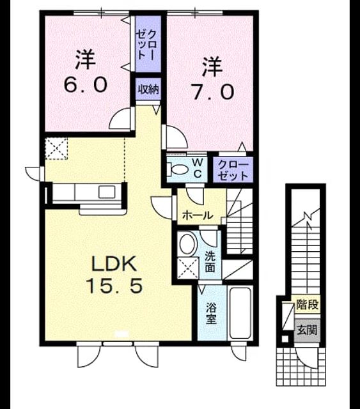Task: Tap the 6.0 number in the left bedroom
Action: pyautogui.click(x=86, y=84)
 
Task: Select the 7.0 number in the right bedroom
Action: pyautogui.click(x=212, y=92)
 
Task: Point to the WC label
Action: pyautogui.click(x=198, y=169)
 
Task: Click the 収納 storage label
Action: pyautogui.click(x=148, y=89)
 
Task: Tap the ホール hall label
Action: pyautogui.click(x=198, y=215)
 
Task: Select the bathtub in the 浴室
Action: pyautogui.click(x=240, y=313)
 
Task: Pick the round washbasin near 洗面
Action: pyautogui.click(x=188, y=244)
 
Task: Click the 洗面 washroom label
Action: pyautogui.click(x=210, y=261)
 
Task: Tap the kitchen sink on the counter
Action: pyautogui.click(x=107, y=192)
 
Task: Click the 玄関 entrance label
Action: pyautogui.click(x=308, y=330)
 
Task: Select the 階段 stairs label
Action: pyautogui.click(x=308, y=304)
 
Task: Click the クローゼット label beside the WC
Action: pyautogui.click(x=233, y=171)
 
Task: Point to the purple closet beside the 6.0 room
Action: pyautogui.click(x=148, y=43)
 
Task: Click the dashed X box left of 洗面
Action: pyautogui.click(x=188, y=268)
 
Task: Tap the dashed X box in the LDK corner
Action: pyautogui.click(x=56, y=148)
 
